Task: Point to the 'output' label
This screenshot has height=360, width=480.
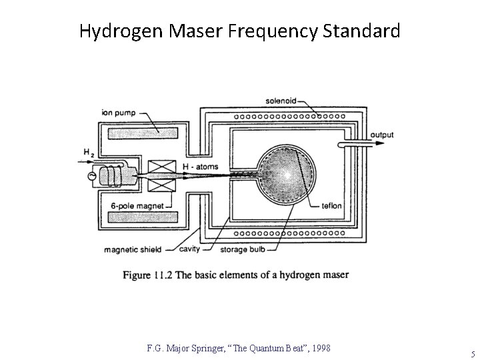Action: (x=382, y=135)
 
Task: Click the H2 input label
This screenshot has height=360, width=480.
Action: (x=88, y=153)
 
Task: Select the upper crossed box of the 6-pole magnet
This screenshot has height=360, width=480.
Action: (x=162, y=167)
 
